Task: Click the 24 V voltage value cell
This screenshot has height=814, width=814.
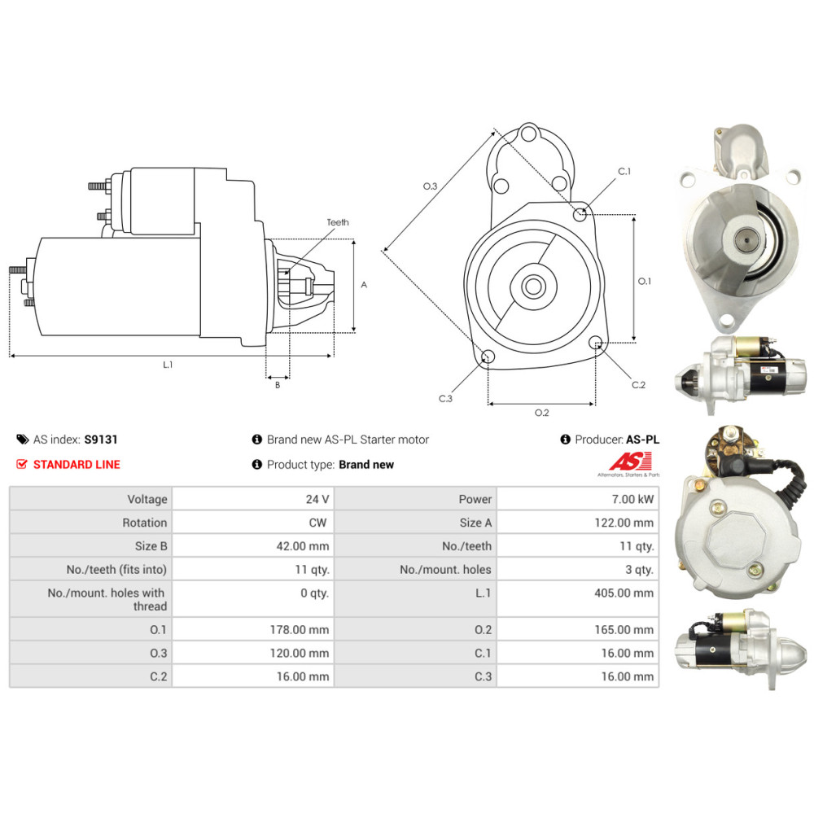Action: pyautogui.click(x=318, y=499)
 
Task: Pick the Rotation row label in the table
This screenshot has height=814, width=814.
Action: pyautogui.click(x=145, y=523)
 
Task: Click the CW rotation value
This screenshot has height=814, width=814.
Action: pyautogui.click(x=319, y=523)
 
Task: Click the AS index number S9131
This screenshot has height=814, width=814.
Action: pyautogui.click(x=101, y=440)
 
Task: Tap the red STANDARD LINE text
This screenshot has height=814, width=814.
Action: pyautogui.click(x=76, y=465)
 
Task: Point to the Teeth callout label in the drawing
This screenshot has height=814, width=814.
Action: pyautogui.click(x=337, y=222)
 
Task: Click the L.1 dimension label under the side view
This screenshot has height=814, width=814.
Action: pyautogui.click(x=168, y=365)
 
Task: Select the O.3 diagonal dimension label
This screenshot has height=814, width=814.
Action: pyautogui.click(x=431, y=187)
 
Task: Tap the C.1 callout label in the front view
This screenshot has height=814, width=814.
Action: pyautogui.click(x=624, y=172)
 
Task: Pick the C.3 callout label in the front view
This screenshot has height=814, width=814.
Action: pyautogui.click(x=445, y=399)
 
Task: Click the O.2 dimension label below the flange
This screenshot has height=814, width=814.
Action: pyautogui.click(x=541, y=413)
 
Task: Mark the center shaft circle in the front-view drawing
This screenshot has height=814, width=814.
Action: pyautogui.click(x=534, y=287)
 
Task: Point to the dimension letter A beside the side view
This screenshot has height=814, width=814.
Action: pyautogui.click(x=364, y=285)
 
